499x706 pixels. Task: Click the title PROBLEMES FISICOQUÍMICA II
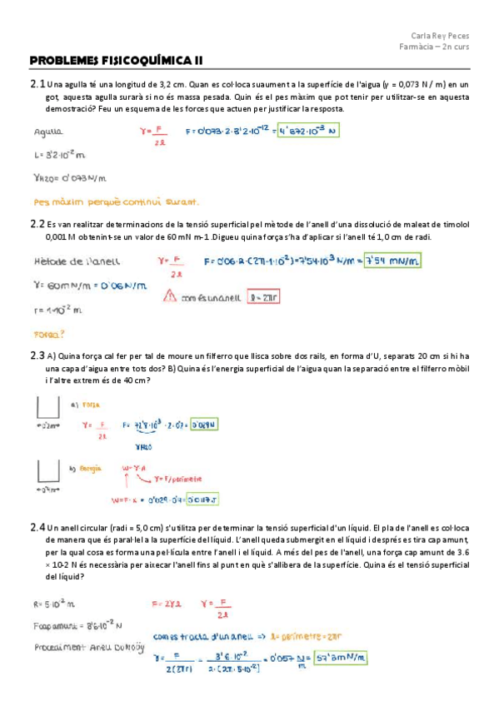[x=116, y=60]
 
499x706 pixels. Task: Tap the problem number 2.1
[x=37, y=84]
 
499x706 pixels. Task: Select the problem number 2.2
[x=37, y=224]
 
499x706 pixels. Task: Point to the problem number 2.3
[x=37, y=355]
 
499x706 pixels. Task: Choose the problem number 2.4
[x=37, y=528]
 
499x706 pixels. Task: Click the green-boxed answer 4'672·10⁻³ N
[x=312, y=132]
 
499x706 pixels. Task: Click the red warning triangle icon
[x=170, y=295]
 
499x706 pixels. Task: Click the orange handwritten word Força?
[x=49, y=334]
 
